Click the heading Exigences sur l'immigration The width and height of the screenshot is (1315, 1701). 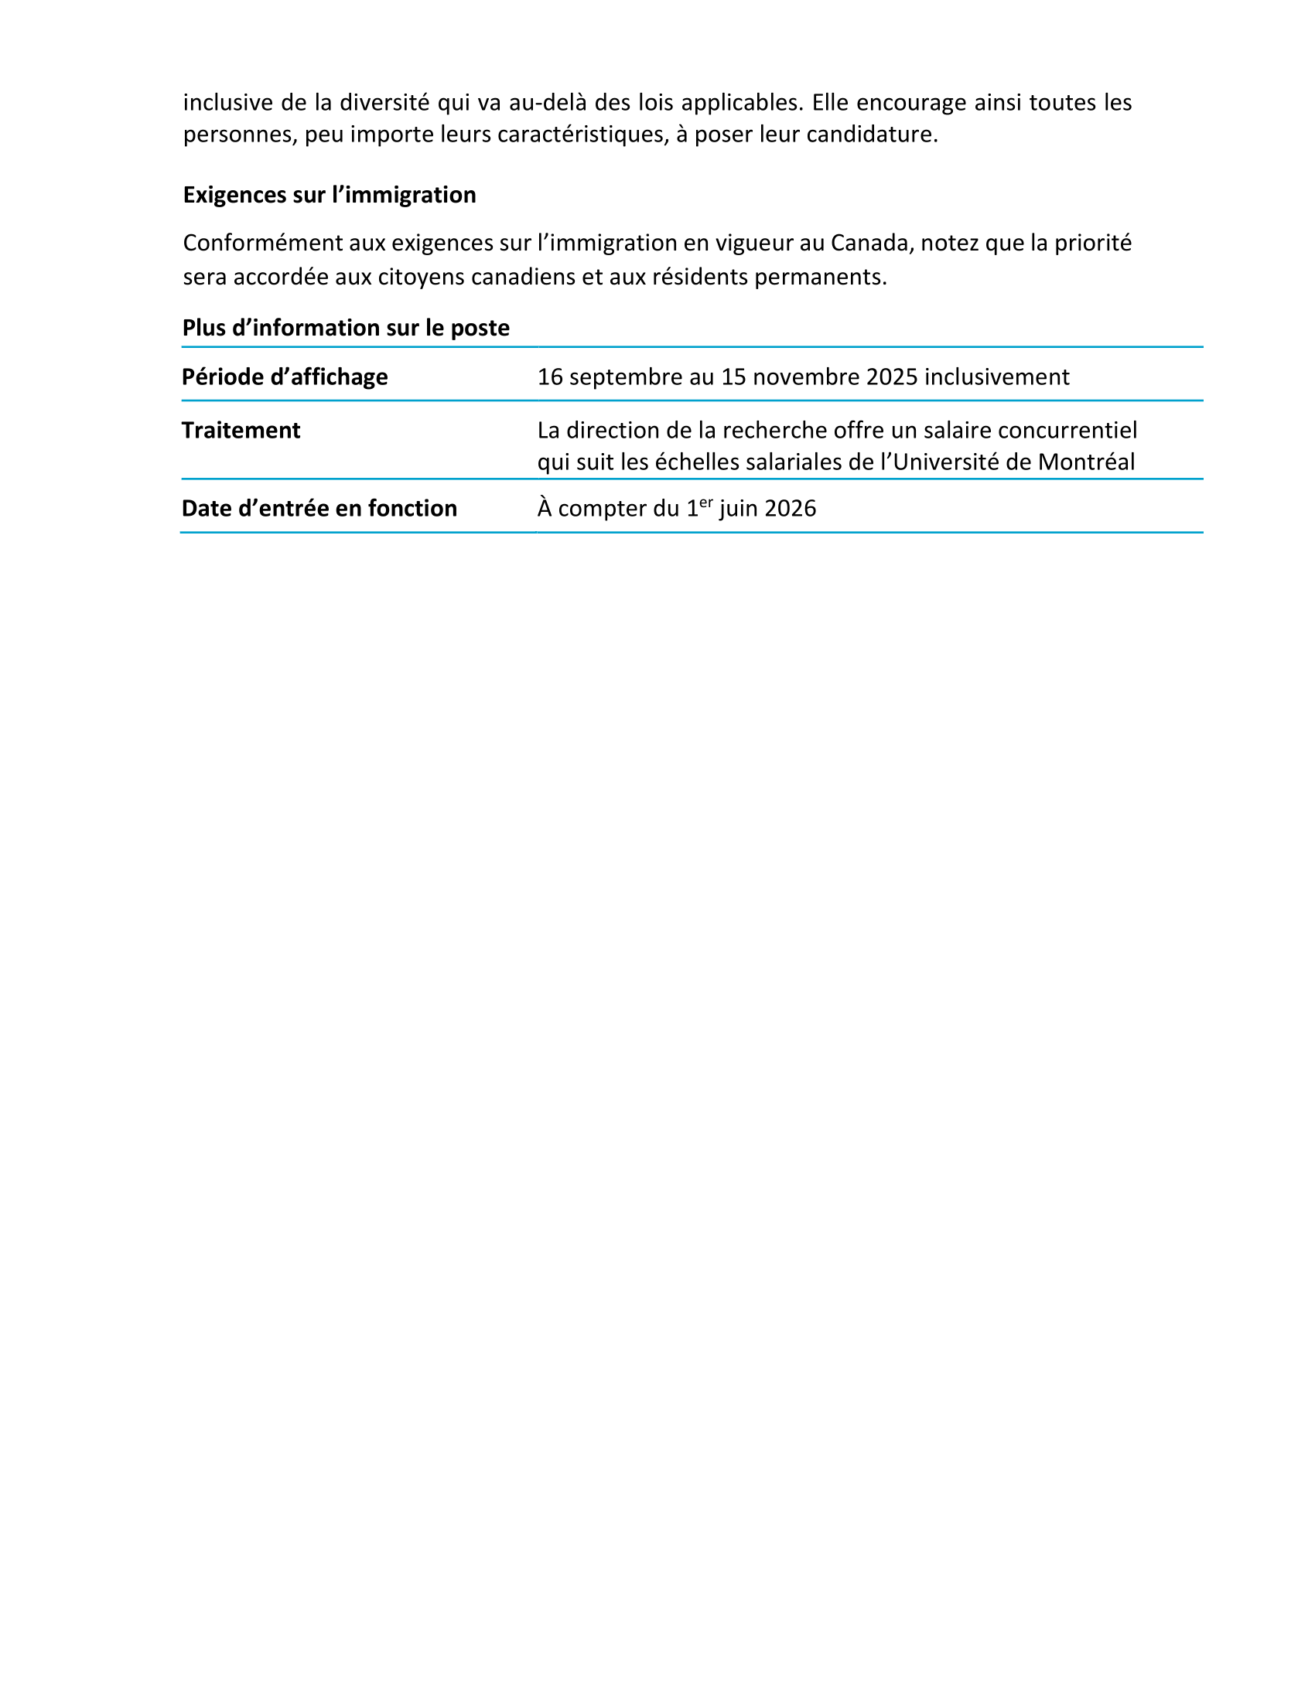329,195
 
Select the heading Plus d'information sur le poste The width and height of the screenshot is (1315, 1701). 345,328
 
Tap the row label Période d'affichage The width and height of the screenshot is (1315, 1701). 285,377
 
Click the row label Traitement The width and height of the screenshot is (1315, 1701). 241,430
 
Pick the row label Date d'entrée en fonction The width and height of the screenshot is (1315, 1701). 319,509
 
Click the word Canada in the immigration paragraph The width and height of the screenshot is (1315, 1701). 869,243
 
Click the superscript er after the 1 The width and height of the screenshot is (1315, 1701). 705,503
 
